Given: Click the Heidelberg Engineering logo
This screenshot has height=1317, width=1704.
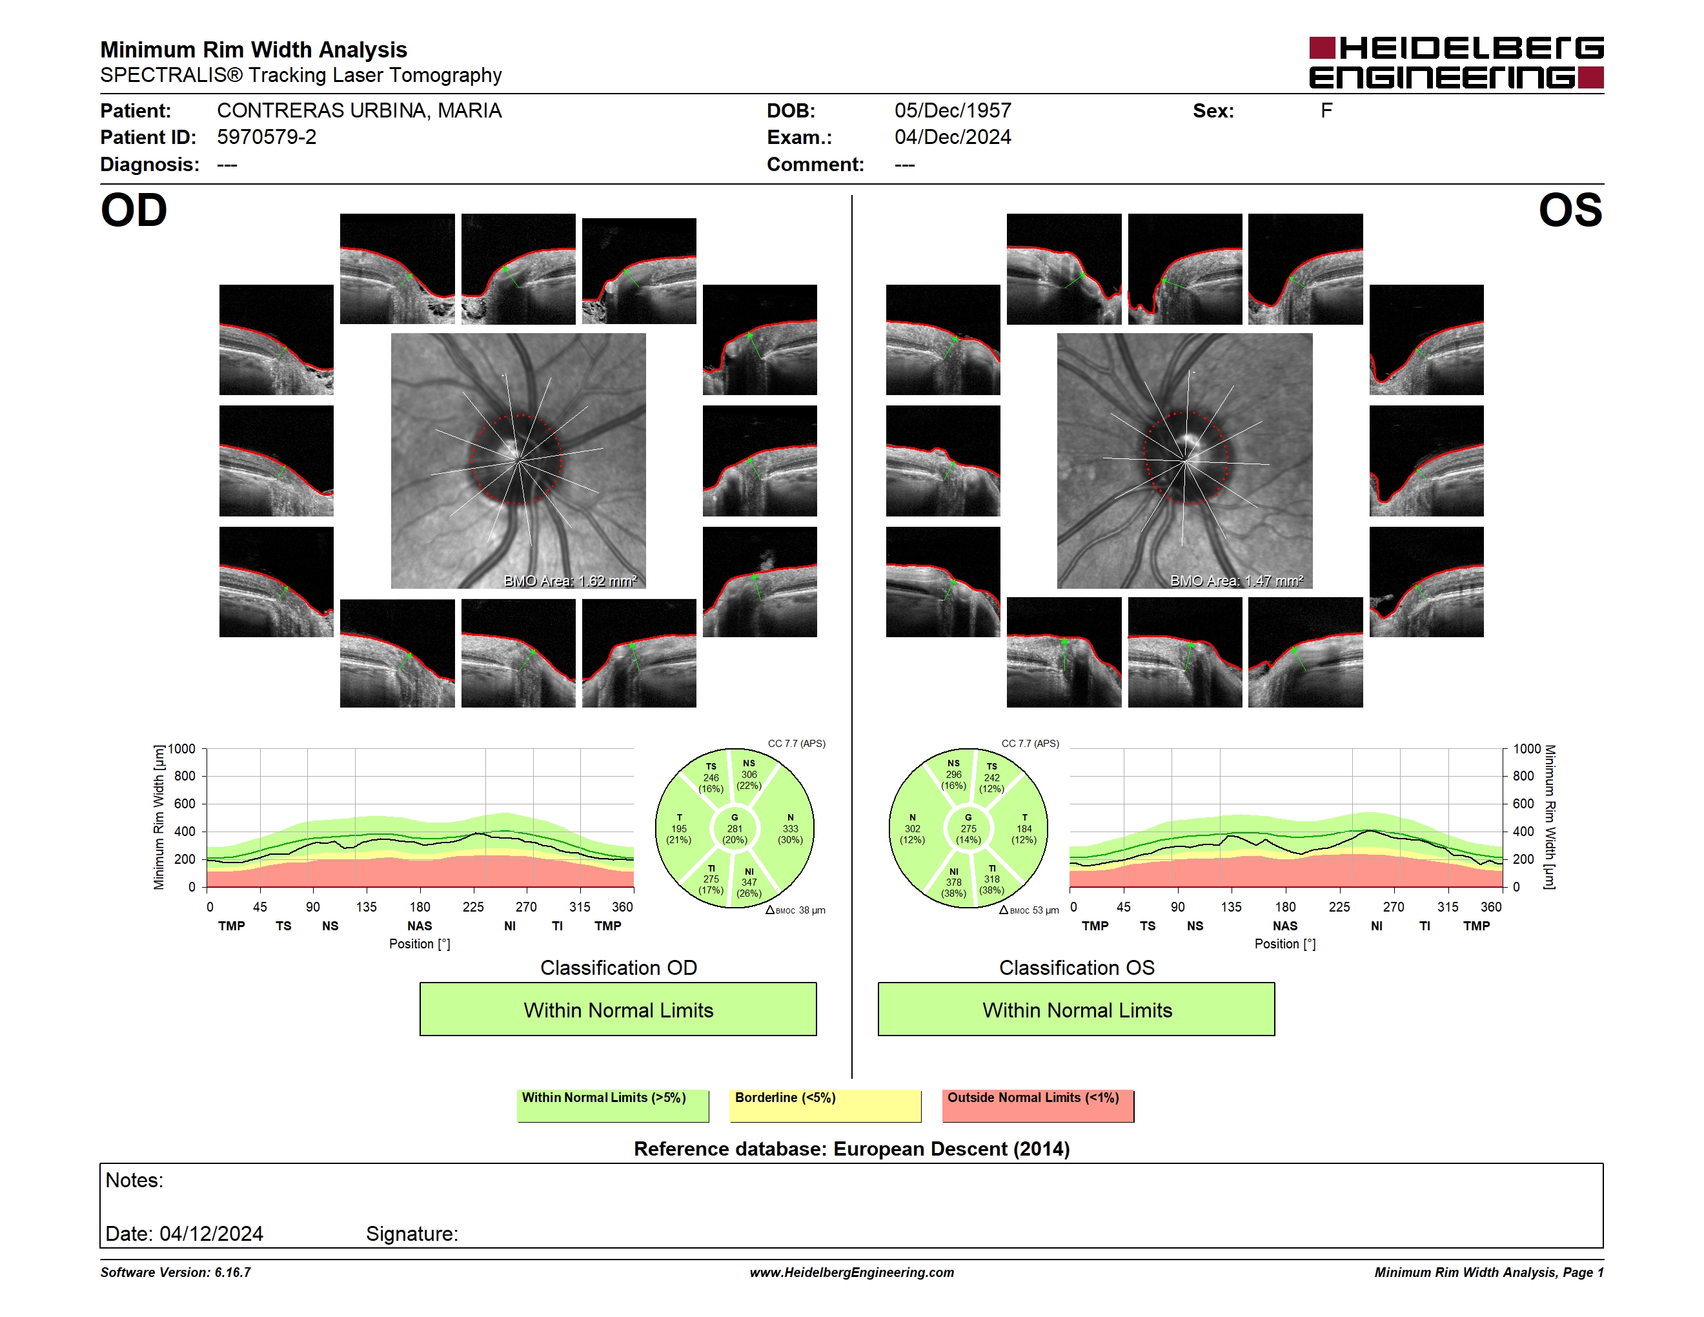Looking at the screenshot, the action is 1456,63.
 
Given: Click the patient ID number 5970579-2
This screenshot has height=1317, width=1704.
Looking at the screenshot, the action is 267,138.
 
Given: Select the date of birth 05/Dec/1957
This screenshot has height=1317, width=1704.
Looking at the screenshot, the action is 953,111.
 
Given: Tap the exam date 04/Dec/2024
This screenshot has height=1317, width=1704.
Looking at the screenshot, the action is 953,138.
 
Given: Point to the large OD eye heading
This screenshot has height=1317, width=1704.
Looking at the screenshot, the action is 134,210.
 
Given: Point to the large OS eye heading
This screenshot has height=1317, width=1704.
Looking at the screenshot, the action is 1570,210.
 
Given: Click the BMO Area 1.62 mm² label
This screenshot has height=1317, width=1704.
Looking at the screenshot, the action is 571,580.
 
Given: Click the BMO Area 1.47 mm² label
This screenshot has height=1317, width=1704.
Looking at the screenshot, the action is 1237,580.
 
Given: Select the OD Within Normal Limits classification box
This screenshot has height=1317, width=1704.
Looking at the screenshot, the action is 618,1009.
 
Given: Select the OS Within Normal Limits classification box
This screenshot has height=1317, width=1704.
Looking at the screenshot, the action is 1077,1009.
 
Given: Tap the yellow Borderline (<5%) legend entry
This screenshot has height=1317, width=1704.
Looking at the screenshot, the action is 826,1105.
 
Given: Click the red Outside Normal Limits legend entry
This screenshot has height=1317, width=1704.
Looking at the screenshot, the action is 1038,1105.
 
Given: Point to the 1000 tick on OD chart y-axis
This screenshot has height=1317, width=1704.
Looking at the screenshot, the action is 182,749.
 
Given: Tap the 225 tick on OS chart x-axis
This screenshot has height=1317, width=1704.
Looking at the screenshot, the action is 1339,906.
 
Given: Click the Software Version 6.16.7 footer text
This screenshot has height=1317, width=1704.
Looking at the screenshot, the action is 176,1272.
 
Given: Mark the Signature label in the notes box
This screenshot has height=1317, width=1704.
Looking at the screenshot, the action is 412,1234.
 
